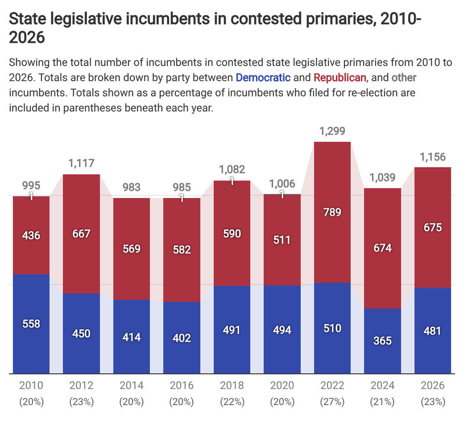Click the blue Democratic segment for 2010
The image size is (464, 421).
pyautogui.click(x=31, y=324)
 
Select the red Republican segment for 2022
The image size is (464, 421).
pyautogui.click(x=332, y=212)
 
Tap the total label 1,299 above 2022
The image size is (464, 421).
pyautogui.click(x=332, y=131)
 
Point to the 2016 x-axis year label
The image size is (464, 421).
pyautogui.click(x=182, y=385)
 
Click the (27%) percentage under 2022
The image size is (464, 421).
pyautogui.click(x=332, y=402)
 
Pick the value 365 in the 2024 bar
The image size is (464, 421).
pyautogui.click(x=382, y=341)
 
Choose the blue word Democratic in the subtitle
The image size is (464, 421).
pyautogui.click(x=263, y=77)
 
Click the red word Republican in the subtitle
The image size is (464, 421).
pyautogui.click(x=340, y=77)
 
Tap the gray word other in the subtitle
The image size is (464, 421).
pyautogui.click(x=404, y=77)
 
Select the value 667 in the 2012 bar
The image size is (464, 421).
pyautogui.click(x=82, y=234)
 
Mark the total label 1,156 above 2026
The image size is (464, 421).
pyautogui.click(x=433, y=157)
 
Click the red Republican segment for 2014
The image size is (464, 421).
pyautogui.click(x=131, y=249)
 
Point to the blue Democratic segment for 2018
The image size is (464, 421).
pyautogui.click(x=232, y=329)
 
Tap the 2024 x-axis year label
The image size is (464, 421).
pyautogui.click(x=382, y=385)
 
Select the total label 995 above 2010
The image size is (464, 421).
pyautogui.click(x=31, y=185)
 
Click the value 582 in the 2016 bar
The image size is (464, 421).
pyautogui.click(x=182, y=250)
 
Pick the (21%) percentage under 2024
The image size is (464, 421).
pyautogui.click(x=382, y=402)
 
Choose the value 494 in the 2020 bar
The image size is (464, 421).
pyautogui.click(x=282, y=330)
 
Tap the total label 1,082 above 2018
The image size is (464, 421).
pyautogui.click(x=232, y=169)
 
